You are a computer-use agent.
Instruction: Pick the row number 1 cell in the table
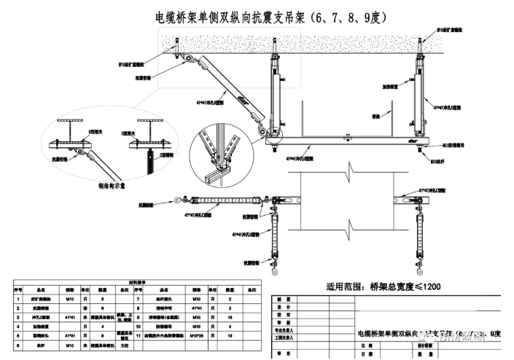tap(17, 300)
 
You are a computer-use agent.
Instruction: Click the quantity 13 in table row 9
tap(230, 318)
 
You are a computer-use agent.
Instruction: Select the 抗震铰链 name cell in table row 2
tap(42, 309)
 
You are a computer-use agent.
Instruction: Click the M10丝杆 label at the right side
tap(440, 161)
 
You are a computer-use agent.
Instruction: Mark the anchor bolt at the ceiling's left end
tap(177, 51)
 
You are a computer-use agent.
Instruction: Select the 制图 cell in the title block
tap(284, 300)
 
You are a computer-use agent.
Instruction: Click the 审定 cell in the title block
tap(284, 353)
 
